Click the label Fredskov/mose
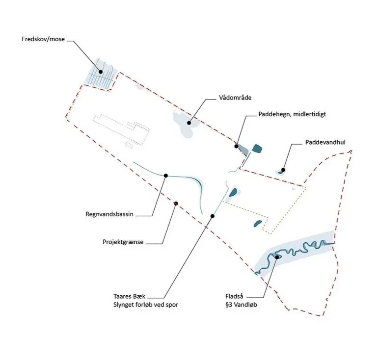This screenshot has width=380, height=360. click(x=43, y=39)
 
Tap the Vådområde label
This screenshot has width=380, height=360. click(x=235, y=98)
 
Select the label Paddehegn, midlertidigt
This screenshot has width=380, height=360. click(x=292, y=114)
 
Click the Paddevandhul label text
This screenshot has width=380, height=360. click(x=326, y=142)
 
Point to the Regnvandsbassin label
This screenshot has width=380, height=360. click(x=110, y=214)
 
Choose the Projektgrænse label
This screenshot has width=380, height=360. click(x=123, y=242)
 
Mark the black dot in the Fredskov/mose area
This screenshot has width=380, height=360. click(x=101, y=72)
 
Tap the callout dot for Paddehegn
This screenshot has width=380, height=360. click(x=236, y=146)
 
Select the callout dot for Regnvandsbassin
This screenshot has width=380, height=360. click(x=166, y=175)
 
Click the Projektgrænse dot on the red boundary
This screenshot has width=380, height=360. click(x=175, y=203)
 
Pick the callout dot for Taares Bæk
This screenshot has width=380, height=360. click(x=213, y=216)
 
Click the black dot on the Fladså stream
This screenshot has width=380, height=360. click(x=277, y=257)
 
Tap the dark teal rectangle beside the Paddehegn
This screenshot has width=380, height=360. click(x=256, y=148)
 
